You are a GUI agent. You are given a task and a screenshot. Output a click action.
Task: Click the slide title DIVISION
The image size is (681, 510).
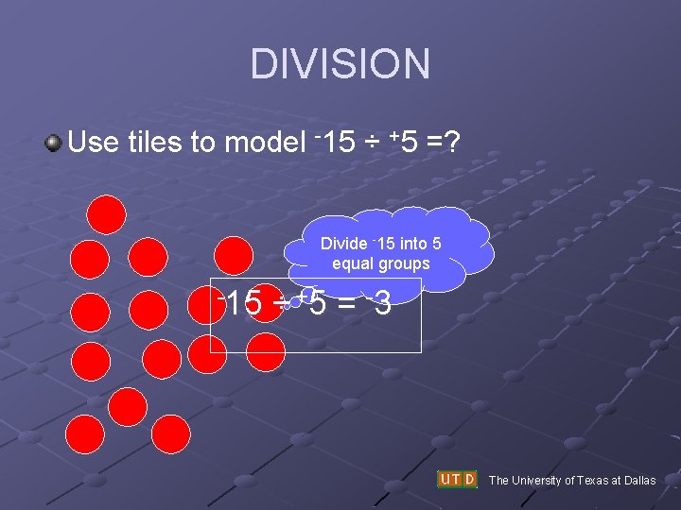(x=340, y=64)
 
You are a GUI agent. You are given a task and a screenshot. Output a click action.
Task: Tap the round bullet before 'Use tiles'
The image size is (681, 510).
(x=53, y=144)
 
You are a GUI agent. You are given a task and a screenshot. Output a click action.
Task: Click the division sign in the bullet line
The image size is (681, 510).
(x=374, y=144)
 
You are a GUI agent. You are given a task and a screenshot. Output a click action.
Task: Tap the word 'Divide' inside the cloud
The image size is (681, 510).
(x=344, y=244)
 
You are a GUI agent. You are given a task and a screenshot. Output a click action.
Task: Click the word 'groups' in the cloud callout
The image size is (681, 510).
(x=406, y=263)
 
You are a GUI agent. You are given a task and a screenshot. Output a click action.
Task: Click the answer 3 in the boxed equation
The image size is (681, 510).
(x=382, y=304)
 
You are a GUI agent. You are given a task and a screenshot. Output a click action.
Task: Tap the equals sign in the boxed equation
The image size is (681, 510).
(x=348, y=305)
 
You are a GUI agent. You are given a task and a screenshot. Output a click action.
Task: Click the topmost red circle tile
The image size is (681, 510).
(x=107, y=213)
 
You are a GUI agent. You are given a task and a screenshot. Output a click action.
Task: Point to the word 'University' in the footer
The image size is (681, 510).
(x=537, y=481)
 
